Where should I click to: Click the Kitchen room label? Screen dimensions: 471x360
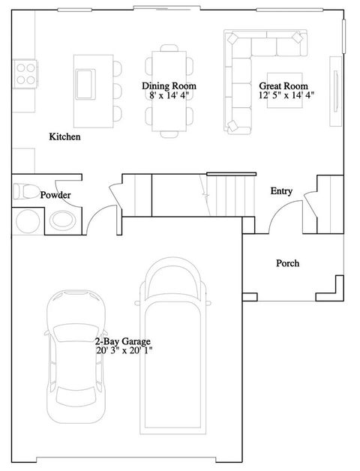pos(64,137)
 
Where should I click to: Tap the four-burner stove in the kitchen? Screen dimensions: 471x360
pos(25,73)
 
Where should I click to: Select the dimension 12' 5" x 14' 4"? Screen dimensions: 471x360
pos(285,95)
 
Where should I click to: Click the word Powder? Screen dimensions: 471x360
pos(55,195)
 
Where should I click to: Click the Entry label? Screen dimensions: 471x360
pos(281,191)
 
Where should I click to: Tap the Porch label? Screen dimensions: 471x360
pos(287,263)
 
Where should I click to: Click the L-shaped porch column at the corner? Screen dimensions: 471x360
pos(338,288)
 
